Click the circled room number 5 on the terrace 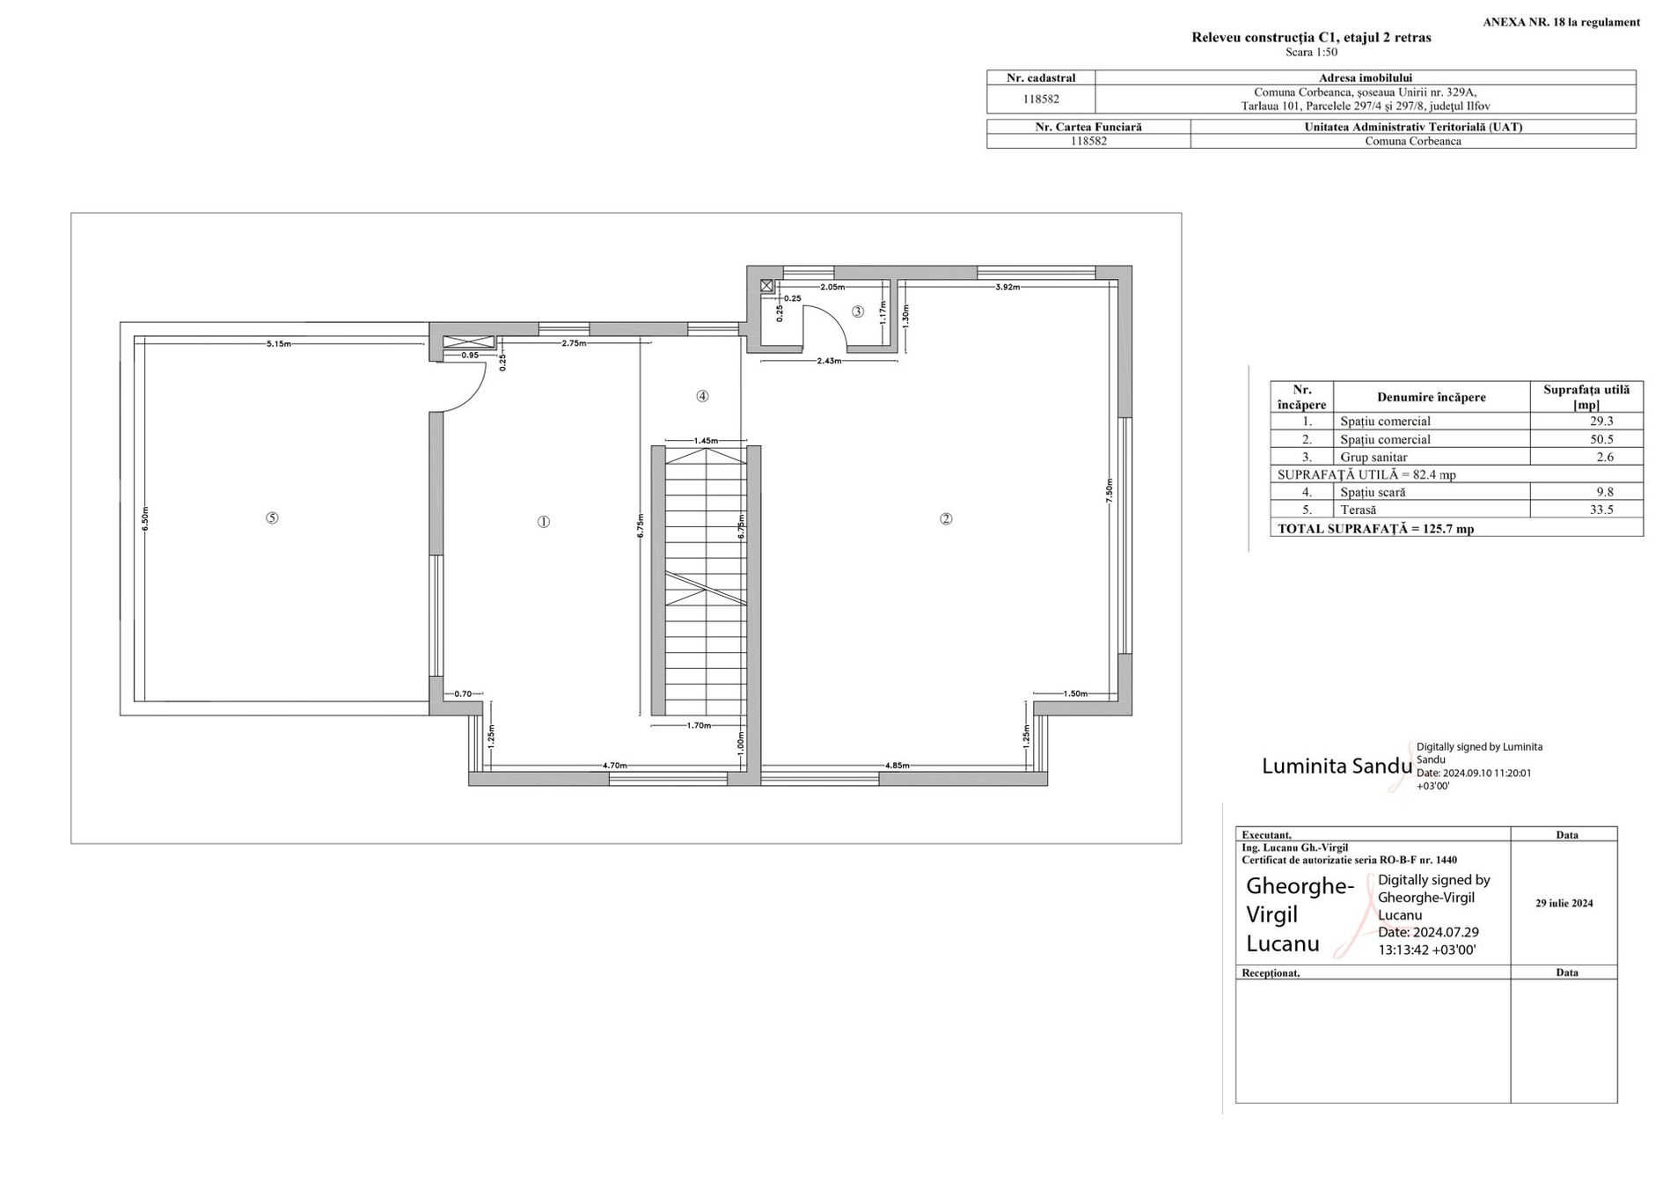(x=272, y=517)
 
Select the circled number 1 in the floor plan (x=544, y=522)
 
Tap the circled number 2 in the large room (x=946, y=519)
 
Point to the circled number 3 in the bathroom (x=858, y=312)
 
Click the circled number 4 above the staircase (x=702, y=396)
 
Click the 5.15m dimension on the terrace (x=279, y=344)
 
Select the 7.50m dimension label (x=1110, y=490)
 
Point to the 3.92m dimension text (x=1007, y=287)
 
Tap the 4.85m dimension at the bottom (x=897, y=766)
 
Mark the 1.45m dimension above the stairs (x=706, y=440)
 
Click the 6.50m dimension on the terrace (x=145, y=518)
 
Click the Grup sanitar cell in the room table (x=1373, y=458)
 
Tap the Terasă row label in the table (x=1359, y=510)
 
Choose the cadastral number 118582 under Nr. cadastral (x=1041, y=99)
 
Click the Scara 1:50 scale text (x=1311, y=52)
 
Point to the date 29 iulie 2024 (x=1564, y=903)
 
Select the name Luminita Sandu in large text (x=1337, y=766)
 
